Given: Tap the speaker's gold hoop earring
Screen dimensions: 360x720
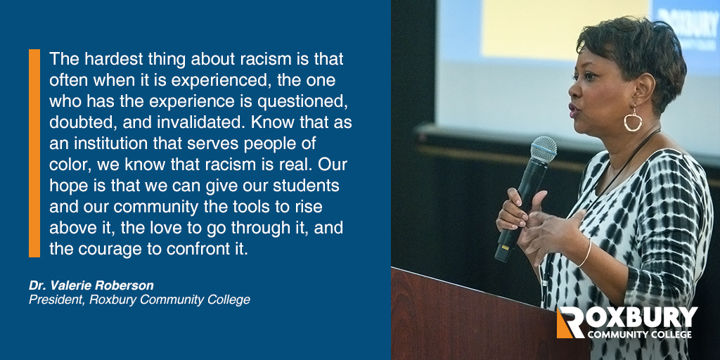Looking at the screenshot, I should [x=633, y=121].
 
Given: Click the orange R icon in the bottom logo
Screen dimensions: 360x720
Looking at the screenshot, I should [x=568, y=322].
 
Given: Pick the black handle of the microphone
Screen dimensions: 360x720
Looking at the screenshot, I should [x=517, y=211].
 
